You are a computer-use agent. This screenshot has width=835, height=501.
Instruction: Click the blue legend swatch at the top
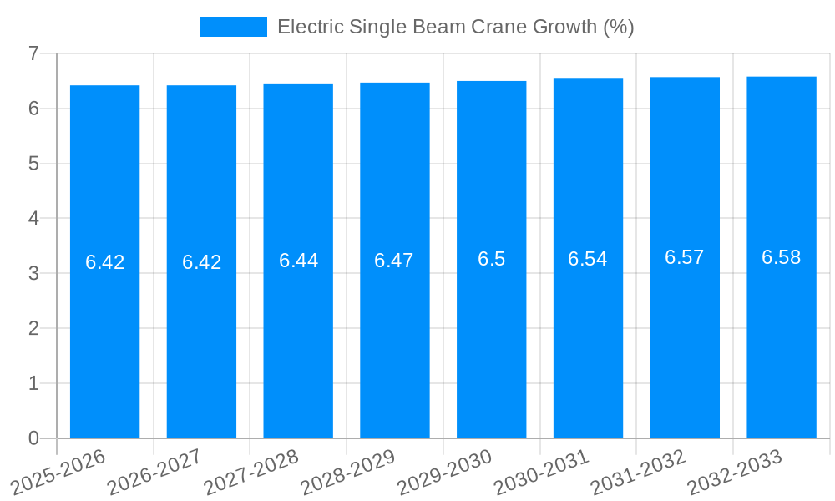234,27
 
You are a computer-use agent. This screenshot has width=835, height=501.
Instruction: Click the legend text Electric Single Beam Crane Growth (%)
455,27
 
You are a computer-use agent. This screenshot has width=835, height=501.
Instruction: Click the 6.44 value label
298,261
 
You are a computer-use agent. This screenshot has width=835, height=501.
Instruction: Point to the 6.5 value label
491,259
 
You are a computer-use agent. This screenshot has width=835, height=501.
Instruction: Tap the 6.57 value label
685,257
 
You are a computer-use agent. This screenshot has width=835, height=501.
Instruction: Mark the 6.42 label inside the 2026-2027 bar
201,262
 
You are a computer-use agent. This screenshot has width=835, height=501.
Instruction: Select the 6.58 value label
782,257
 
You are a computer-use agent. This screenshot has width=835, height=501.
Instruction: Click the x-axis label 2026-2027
155,472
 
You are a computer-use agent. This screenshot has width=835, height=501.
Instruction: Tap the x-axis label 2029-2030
445,472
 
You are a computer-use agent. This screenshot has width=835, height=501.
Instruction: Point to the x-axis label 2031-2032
639,472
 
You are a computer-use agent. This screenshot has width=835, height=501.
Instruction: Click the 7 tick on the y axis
33,53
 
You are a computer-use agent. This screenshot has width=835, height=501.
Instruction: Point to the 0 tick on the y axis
33,438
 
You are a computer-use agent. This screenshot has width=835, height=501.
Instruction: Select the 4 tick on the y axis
33,219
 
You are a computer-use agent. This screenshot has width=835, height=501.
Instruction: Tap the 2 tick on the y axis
33,328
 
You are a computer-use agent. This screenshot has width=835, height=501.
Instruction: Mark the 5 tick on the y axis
33,164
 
